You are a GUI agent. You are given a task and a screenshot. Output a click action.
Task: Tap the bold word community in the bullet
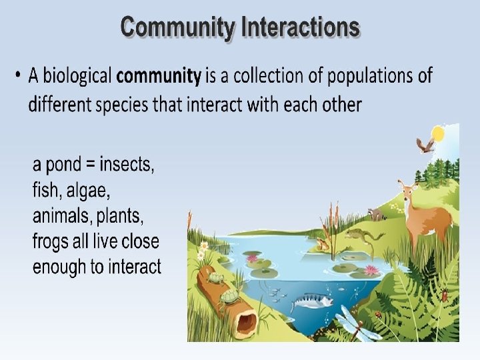click(x=158, y=76)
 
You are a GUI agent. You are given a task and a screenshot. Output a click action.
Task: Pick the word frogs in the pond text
click(x=53, y=241)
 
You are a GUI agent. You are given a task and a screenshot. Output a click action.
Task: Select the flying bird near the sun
click(x=425, y=145)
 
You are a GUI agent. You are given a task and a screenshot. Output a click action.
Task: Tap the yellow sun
click(x=438, y=134)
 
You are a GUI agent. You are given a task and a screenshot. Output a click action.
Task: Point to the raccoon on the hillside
click(x=378, y=215)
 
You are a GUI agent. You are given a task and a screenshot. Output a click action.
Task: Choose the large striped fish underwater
click(x=312, y=302)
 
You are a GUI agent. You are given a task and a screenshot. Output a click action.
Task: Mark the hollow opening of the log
click(x=247, y=323)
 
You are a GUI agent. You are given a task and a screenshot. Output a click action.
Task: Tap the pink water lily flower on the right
click(x=371, y=269)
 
